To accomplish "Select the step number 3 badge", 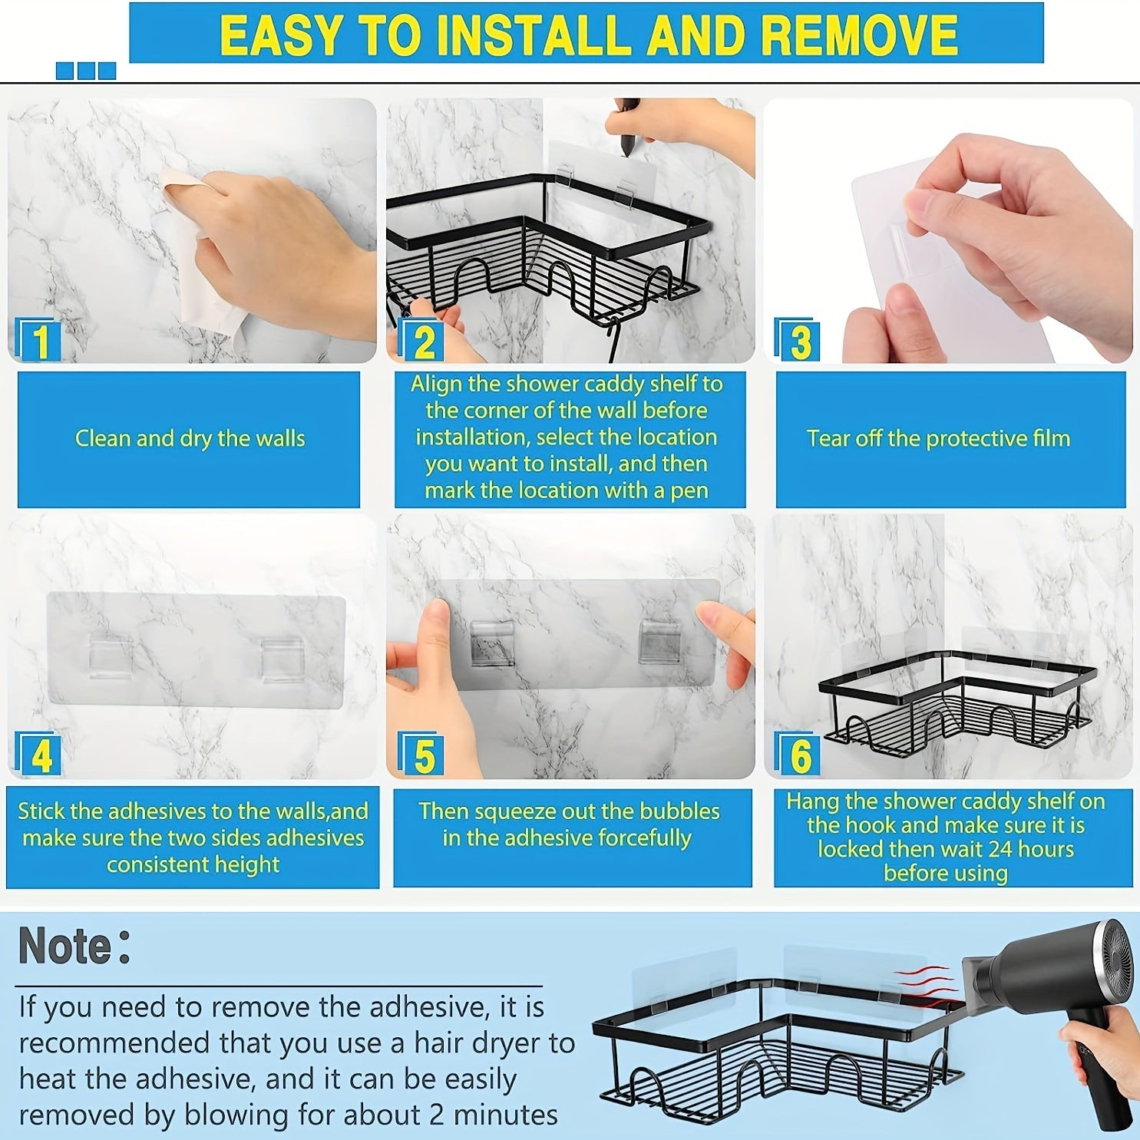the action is click(797, 339).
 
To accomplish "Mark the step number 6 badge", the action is click(797, 755).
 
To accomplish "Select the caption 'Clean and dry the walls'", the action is click(190, 438).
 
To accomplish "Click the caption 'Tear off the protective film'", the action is click(938, 438).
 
